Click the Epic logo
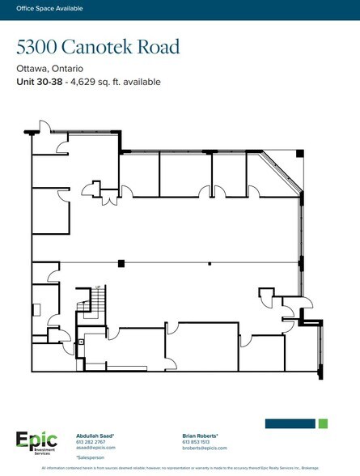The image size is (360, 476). [x=36, y=440]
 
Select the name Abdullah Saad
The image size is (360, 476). [x=95, y=436]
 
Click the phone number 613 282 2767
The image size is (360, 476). [x=91, y=441]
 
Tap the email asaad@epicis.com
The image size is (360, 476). [x=93, y=448]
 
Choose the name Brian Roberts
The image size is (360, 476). [x=201, y=436]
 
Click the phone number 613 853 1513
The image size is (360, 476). [x=197, y=441]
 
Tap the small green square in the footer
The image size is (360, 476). [x=323, y=423]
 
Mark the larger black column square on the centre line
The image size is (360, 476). [x=121, y=262]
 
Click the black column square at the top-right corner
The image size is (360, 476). [x=299, y=153]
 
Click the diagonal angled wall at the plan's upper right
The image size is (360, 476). [x=283, y=172]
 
